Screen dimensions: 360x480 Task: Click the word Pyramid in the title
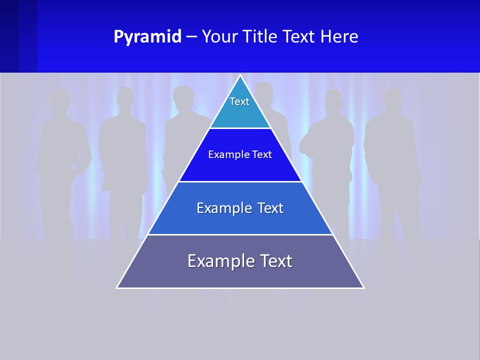click(x=147, y=37)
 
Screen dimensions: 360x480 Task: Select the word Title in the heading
click(x=266, y=37)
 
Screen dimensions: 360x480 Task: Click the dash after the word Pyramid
click(x=191, y=37)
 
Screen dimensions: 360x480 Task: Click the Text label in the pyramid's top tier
click(x=239, y=101)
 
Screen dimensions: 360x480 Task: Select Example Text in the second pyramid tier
click(x=240, y=154)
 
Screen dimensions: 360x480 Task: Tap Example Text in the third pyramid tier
click(x=240, y=208)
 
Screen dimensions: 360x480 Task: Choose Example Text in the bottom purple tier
click(x=240, y=261)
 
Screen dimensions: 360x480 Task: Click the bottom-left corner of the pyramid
click(x=117, y=287)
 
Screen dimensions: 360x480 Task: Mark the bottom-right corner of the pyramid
click(x=363, y=287)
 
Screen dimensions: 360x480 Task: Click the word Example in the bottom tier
click(x=215, y=261)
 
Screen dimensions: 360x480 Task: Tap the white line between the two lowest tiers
click(x=240, y=234)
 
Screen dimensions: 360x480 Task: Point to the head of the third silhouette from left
click(x=183, y=98)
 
